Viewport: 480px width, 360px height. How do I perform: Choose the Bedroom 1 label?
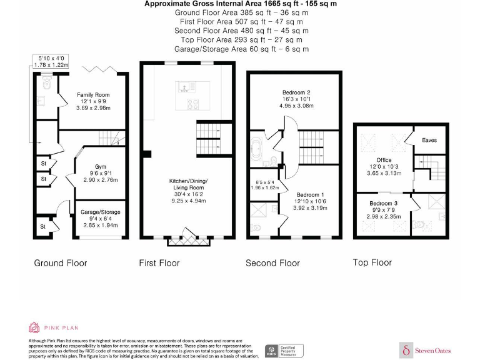pyautogui.click(x=310, y=194)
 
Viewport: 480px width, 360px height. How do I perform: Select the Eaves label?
pyautogui.click(x=429, y=140)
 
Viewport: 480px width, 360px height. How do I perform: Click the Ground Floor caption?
pyautogui.click(x=61, y=263)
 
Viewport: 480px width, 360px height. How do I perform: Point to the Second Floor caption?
pyautogui.click(x=273, y=263)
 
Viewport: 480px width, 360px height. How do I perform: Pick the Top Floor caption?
pyautogui.click(x=372, y=262)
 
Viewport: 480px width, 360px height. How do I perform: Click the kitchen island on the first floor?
pyautogui.click(x=186, y=94)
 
